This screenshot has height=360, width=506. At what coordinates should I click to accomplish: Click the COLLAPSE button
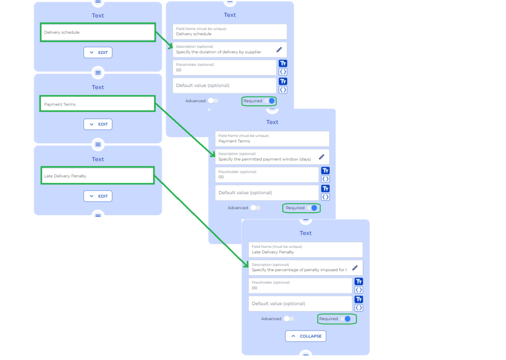tap(305, 336)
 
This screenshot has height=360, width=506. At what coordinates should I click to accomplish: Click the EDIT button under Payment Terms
tap(98, 124)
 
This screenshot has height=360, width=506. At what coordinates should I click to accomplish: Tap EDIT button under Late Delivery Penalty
tap(98, 196)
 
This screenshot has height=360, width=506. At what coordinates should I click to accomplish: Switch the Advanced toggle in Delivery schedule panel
tap(212, 101)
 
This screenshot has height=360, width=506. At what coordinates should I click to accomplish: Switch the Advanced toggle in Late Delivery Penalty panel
tap(289, 319)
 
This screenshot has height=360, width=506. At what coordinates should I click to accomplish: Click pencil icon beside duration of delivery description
tap(279, 49)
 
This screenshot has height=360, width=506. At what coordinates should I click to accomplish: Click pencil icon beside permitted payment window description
tap(322, 157)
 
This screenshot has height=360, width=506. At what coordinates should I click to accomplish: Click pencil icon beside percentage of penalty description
tap(355, 268)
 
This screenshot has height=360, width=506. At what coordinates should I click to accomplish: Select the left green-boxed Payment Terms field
tap(97, 104)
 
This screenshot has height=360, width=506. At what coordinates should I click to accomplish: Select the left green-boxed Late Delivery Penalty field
tap(97, 176)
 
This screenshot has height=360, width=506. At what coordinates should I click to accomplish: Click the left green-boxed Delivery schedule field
tap(97, 32)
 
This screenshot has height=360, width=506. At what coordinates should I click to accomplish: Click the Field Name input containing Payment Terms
tap(272, 139)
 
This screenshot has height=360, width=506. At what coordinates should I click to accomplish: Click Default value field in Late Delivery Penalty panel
tap(300, 304)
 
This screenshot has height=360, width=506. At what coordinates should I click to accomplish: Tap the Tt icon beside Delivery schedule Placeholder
tap(283, 63)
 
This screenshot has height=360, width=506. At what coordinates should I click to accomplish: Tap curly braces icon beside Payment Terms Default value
tap(325, 197)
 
